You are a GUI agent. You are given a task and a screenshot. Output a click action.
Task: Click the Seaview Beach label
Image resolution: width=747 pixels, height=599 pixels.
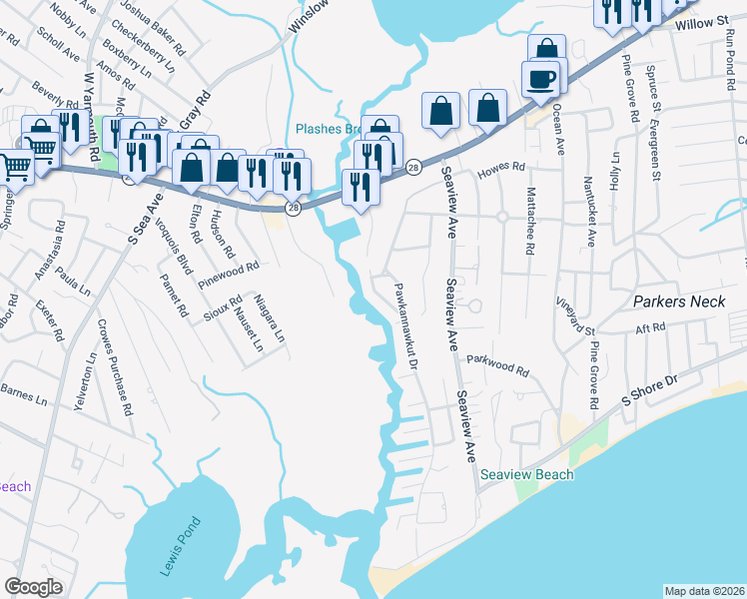click(526, 474)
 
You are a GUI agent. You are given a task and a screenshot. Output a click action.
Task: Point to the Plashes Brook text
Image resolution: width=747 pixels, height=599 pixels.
click(330, 129)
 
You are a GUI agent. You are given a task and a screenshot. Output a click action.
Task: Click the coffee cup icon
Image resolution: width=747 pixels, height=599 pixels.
click(540, 80)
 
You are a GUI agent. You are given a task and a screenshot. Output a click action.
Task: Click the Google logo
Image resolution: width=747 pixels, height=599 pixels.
click(33, 586)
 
